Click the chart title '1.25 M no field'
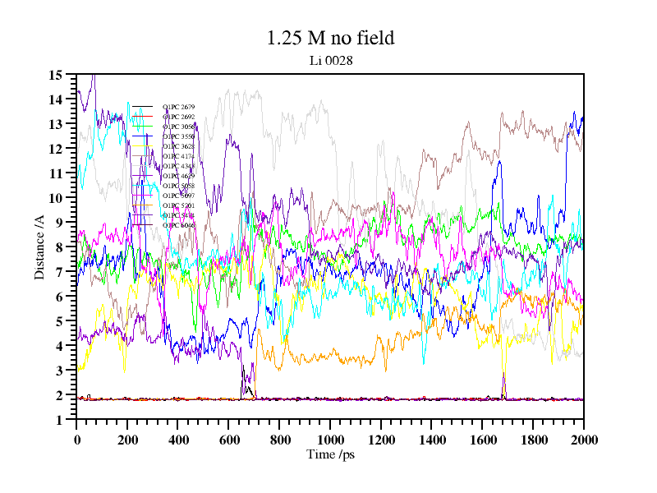[331, 38]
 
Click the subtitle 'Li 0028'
[331, 59]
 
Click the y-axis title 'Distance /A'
[39, 246]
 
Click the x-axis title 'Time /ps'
[330, 454]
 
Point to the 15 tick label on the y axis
[56, 75]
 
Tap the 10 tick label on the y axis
[56, 198]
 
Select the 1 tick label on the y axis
[59, 420]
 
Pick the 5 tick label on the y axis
[59, 321]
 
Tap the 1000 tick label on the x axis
[330, 440]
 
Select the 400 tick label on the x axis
[178, 440]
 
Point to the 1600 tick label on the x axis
[482, 440]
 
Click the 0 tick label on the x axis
[77, 440]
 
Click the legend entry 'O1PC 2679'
[178, 108]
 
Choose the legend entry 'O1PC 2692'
[178, 117]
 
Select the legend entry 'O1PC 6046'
[178, 225]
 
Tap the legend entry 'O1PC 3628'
[178, 147]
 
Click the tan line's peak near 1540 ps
[467, 124]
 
